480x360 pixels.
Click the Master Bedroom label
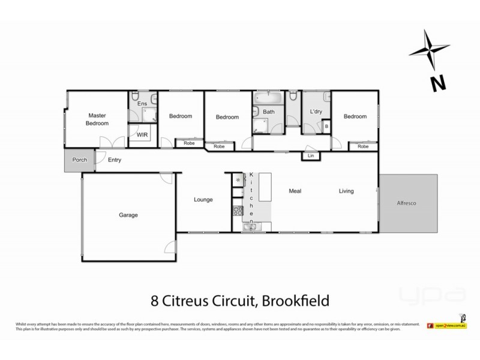click(x=97, y=119)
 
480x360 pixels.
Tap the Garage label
click(x=128, y=214)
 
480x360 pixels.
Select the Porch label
click(x=79, y=160)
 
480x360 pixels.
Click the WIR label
click(x=142, y=135)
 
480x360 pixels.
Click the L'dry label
click(x=316, y=112)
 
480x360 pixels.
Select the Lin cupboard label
click(x=311, y=156)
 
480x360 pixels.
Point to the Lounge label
click(x=203, y=199)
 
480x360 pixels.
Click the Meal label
click(x=294, y=191)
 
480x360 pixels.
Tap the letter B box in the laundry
click(x=326, y=127)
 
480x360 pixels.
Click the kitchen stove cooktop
click(x=236, y=211)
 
